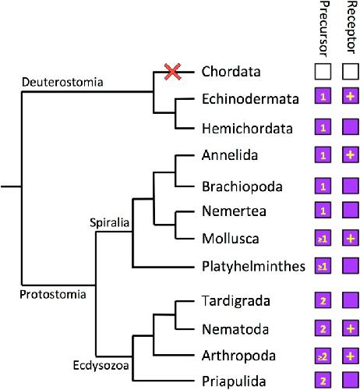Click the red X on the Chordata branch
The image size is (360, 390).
tap(172, 72)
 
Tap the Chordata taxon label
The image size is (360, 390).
tap(231, 72)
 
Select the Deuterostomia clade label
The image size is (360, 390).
tap(62, 82)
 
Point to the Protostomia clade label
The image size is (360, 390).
tap(53, 295)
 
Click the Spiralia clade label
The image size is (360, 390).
tap(109, 223)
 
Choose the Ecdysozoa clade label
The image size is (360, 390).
tap(101, 365)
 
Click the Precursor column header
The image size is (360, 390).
tap(323, 29)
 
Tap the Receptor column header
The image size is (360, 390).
tap(351, 27)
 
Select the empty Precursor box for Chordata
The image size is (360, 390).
tap(323, 71)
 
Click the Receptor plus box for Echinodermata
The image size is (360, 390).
tap(351, 96)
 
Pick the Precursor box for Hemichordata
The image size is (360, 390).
tap(323, 127)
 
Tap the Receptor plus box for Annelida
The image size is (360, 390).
tap(351, 155)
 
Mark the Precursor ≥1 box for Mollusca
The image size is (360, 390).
tap(323, 238)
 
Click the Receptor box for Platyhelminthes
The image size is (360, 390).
tap(351, 266)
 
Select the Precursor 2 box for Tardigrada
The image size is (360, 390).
tap(323, 300)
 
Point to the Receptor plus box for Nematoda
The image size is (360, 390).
tap(351, 328)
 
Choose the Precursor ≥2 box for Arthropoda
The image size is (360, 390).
tap(323, 356)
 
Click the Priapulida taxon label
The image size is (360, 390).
tap(234, 381)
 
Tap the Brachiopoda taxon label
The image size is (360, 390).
tap(242, 186)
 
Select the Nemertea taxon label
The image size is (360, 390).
tap(234, 211)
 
